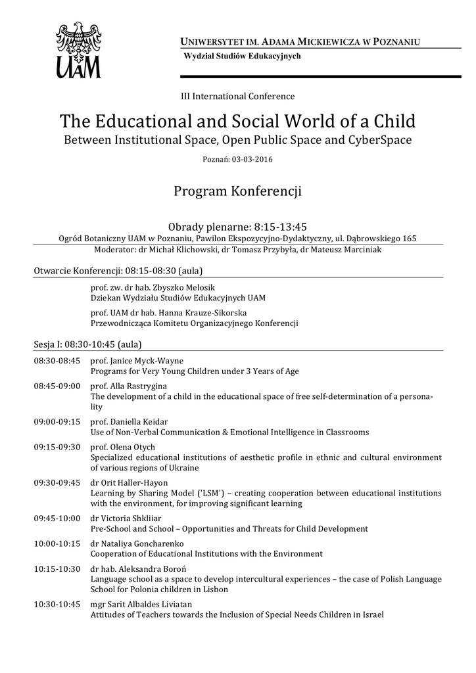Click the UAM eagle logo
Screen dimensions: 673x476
pyautogui.click(x=78, y=50)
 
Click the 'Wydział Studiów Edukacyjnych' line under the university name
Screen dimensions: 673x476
pyautogui.click(x=242, y=57)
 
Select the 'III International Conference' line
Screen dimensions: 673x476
pyautogui.click(x=237, y=97)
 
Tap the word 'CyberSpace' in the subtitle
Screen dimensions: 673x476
pyautogui.click(x=385, y=140)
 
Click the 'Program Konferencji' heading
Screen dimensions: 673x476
pyautogui.click(x=237, y=191)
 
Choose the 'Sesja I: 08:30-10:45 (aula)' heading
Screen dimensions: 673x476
pyautogui.click(x=87, y=344)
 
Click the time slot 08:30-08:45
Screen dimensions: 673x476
pyautogui.click(x=57, y=361)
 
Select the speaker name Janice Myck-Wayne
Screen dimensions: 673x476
pyautogui.click(x=146, y=361)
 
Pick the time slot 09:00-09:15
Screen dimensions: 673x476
pyautogui.click(x=57, y=421)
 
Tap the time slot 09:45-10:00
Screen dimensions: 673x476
pyautogui.click(x=57, y=519)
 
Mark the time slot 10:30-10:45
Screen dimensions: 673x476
pyautogui.click(x=57, y=605)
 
